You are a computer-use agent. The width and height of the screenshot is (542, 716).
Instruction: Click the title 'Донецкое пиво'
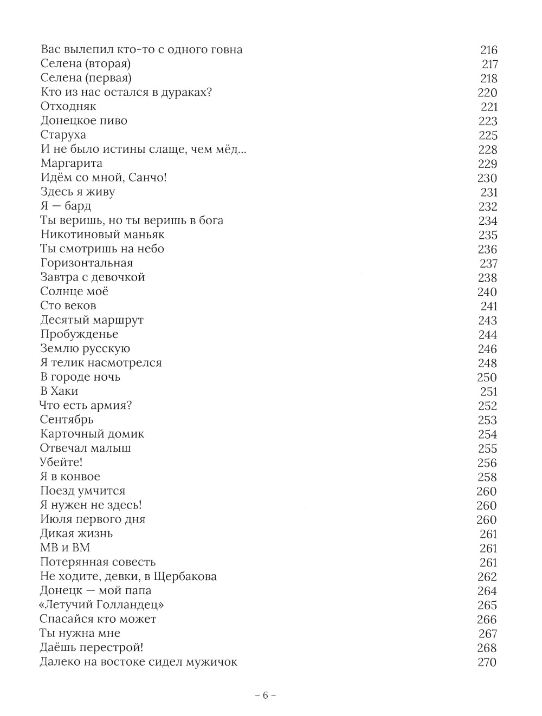pos(84,121)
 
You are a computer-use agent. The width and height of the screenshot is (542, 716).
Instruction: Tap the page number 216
pos(488,50)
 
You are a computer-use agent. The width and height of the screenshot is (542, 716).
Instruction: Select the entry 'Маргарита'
pos(71,163)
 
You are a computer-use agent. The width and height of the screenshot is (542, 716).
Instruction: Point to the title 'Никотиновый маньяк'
pos(102,235)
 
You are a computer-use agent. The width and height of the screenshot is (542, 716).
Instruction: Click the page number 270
pos(487,662)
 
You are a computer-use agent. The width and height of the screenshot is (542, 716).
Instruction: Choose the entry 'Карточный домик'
pos(92,434)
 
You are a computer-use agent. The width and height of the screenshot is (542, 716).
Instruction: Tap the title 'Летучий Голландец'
pos(102,604)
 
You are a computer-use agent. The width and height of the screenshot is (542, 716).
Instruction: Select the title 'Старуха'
pos(63,135)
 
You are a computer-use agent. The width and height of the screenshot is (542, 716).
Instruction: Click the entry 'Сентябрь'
pos(67,420)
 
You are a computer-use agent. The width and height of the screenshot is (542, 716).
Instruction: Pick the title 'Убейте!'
pos(61,462)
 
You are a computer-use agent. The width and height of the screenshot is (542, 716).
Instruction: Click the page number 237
pos(488,263)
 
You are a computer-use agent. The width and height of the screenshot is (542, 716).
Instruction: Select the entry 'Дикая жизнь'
pos(76,533)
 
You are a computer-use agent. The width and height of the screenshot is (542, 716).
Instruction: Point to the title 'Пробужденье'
pos(79,334)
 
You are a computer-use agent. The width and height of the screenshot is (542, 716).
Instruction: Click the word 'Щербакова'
pos(187,576)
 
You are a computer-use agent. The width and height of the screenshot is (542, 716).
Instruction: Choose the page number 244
pos(487,335)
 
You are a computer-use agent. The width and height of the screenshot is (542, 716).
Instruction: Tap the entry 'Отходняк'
pos(68,106)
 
